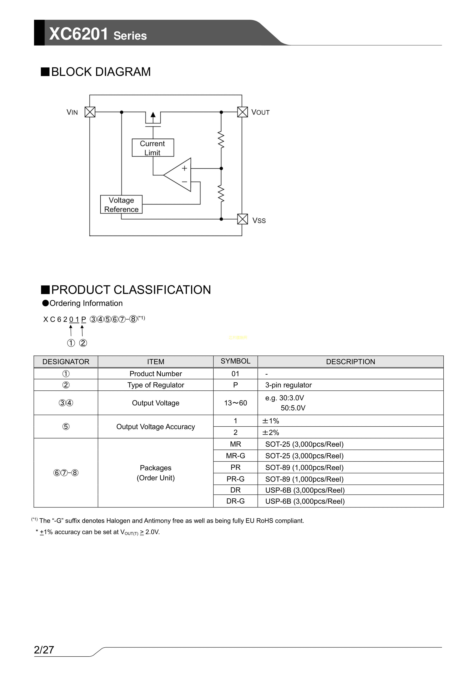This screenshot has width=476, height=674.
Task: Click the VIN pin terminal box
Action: pyautogui.click(x=90, y=112)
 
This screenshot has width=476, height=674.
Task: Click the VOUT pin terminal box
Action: pyautogui.click(x=242, y=112)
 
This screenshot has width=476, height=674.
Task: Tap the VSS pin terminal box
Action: pyautogui.click(x=242, y=219)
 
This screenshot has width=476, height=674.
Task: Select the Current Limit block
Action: pyautogui.click(x=153, y=148)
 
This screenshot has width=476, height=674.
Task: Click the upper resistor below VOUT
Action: pyautogui.click(x=221, y=140)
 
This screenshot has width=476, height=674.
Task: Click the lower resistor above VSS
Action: pyautogui.click(x=221, y=194)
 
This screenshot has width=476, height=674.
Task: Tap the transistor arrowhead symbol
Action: pyautogui.click(x=153, y=115)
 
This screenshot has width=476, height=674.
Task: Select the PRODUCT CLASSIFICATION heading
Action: pyautogui.click(x=131, y=290)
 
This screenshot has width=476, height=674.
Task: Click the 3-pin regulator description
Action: pyautogui.click(x=288, y=385)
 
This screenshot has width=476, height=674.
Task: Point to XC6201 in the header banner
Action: pyautogui.click(x=79, y=34)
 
